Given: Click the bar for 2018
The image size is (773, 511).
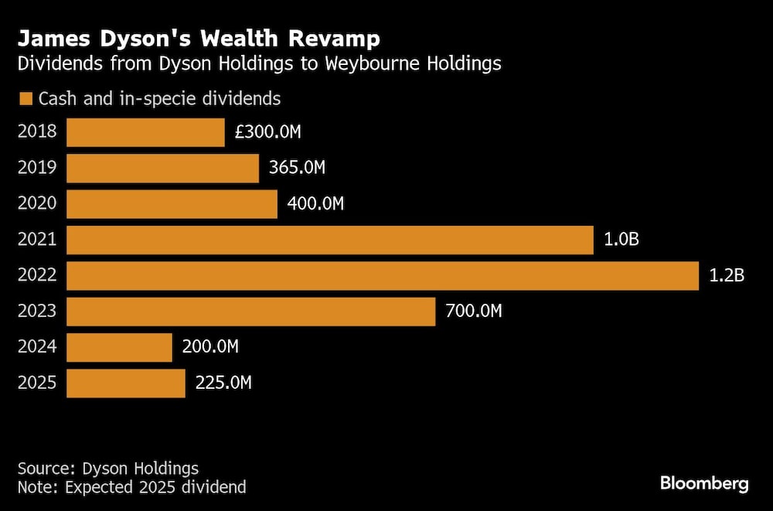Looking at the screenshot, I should click(x=145, y=132).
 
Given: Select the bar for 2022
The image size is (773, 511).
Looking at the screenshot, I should click(x=383, y=276).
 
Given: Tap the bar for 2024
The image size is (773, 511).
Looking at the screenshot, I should click(x=119, y=347).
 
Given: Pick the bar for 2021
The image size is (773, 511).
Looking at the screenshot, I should click(x=330, y=240).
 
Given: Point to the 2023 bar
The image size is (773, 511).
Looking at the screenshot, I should click(x=250, y=312).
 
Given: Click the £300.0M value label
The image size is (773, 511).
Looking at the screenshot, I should click(x=267, y=132).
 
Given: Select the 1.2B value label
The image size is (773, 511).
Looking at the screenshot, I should click(x=727, y=276).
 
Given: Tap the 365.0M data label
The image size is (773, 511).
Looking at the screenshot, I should click(x=297, y=169).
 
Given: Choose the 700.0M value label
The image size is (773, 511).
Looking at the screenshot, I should click(x=474, y=312).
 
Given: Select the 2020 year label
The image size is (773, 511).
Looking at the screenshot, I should click(x=37, y=204).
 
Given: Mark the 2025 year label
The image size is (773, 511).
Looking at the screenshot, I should click(x=37, y=383).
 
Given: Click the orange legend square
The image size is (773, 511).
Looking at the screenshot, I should click(x=26, y=99).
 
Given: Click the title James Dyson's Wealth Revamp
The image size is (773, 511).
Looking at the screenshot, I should click(x=199, y=39).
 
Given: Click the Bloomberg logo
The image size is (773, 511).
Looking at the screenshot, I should click(x=704, y=484).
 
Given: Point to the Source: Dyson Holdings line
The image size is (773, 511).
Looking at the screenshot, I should click(x=107, y=468).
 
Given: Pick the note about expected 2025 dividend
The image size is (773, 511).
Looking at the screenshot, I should click(x=131, y=487).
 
